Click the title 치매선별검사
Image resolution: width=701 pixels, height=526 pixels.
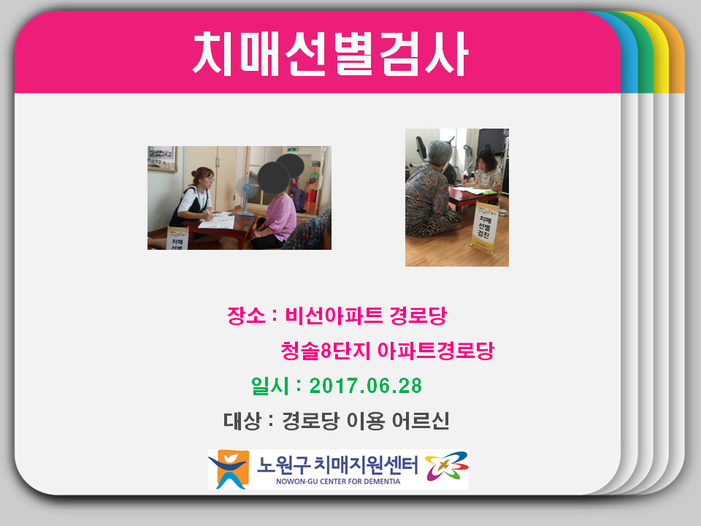click(x=330, y=54)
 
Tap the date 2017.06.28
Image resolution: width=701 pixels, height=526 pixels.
click(x=366, y=386)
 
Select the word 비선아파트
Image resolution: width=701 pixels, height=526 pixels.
click(x=334, y=316)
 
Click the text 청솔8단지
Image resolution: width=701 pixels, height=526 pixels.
click(x=326, y=351)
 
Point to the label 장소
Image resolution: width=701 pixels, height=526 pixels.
click(x=246, y=316)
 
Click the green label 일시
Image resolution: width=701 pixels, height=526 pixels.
click(x=270, y=386)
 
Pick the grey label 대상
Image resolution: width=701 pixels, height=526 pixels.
click(x=242, y=421)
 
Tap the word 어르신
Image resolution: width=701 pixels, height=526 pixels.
click(x=421, y=421)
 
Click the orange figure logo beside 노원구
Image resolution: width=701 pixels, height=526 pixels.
click(x=229, y=469)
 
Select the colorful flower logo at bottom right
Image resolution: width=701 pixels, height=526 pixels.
click(x=446, y=466)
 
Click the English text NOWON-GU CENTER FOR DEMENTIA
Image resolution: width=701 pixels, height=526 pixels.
click(x=338, y=481)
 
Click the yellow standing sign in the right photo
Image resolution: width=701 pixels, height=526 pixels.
click(x=483, y=226)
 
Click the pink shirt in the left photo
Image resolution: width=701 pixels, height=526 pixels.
click(x=281, y=217)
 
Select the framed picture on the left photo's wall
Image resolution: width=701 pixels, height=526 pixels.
click(x=162, y=159)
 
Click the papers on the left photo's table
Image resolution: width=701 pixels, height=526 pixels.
click(x=217, y=220)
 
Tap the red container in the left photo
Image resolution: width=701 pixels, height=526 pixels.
click(x=312, y=196)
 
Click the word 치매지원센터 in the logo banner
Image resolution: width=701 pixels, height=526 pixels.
click(x=366, y=465)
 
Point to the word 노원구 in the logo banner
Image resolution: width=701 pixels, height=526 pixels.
click(x=283, y=465)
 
